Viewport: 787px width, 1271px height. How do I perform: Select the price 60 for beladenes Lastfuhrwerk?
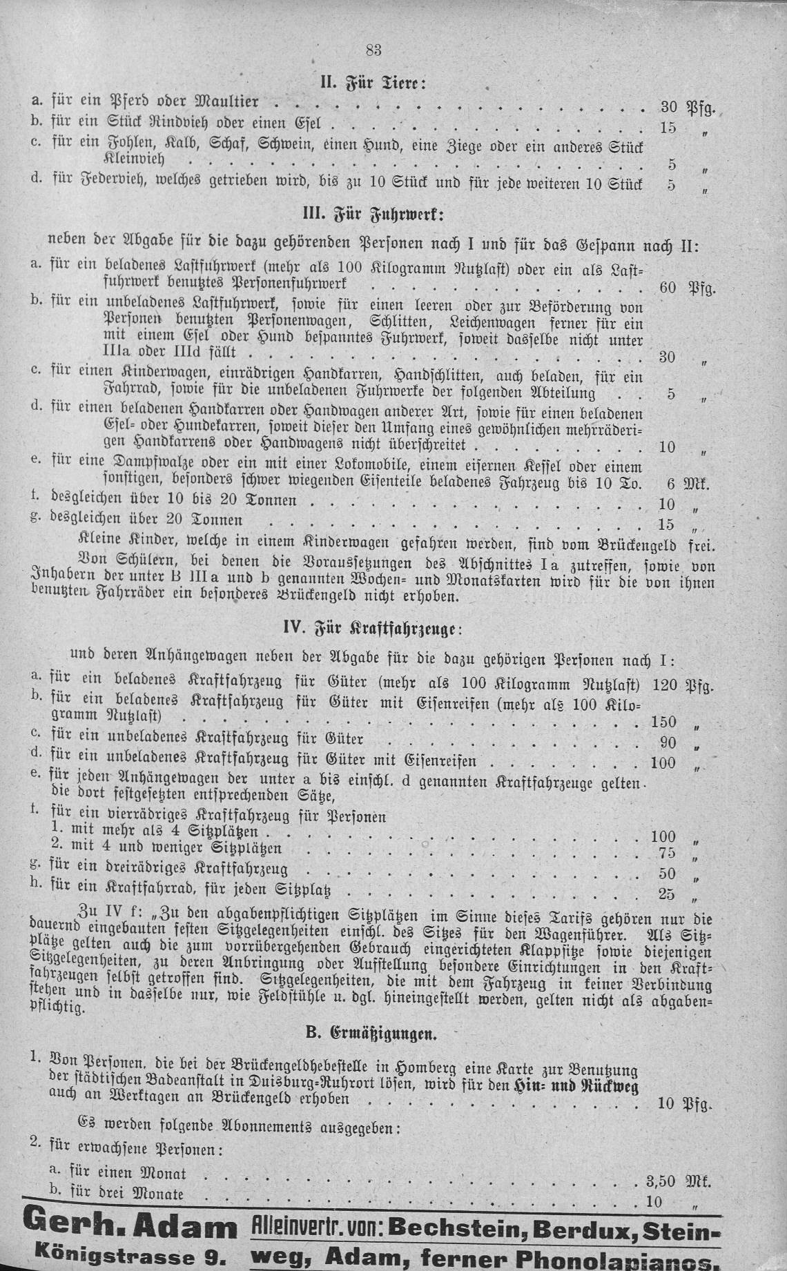pyautogui.click(x=668, y=288)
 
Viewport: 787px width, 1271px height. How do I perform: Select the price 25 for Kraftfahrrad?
pyautogui.click(x=665, y=894)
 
